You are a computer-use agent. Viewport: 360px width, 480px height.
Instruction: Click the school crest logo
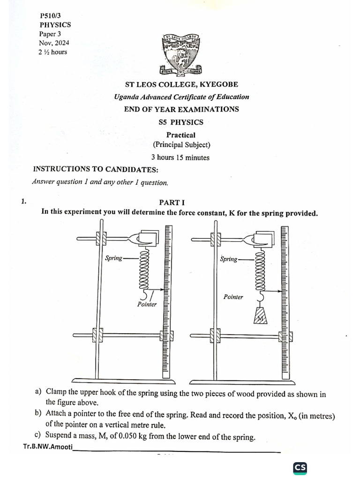coord(181,54)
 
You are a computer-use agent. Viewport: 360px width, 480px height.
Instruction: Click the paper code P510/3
coord(52,15)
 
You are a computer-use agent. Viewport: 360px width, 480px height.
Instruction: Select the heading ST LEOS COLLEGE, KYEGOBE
coord(181,84)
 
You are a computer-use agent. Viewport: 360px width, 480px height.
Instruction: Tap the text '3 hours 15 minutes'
coord(180,157)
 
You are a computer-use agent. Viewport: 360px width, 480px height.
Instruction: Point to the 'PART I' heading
coord(172,202)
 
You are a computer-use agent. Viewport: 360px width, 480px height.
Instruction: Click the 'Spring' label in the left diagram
coord(113,258)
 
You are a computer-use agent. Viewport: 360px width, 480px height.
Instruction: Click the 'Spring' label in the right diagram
coord(229,259)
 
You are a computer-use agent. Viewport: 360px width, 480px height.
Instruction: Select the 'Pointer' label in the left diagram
coord(147,305)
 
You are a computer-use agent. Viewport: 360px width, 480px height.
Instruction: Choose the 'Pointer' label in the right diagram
coord(233,297)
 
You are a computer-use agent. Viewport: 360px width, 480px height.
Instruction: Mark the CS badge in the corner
coord(300,468)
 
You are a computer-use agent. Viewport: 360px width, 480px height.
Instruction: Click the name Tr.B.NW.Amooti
coord(47,447)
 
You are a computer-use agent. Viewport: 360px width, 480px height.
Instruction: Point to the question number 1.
coord(23,202)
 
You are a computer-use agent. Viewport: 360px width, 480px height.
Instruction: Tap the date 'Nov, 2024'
coord(54,43)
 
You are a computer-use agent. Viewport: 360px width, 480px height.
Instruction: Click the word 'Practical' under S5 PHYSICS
coord(181,135)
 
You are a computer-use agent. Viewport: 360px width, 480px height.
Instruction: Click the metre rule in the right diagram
coord(285,300)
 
